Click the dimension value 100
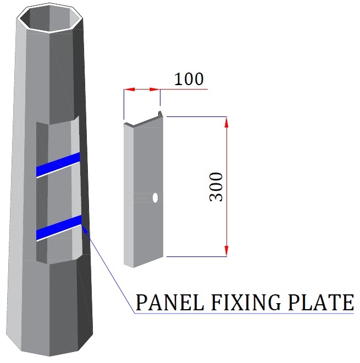coord(189,80)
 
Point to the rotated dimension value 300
coord(217,187)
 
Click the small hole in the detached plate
coord(156,197)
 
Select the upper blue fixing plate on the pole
coord(58,164)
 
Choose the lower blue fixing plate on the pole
coord(58,228)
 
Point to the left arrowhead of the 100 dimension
coord(128,88)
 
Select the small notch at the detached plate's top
coord(161,114)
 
